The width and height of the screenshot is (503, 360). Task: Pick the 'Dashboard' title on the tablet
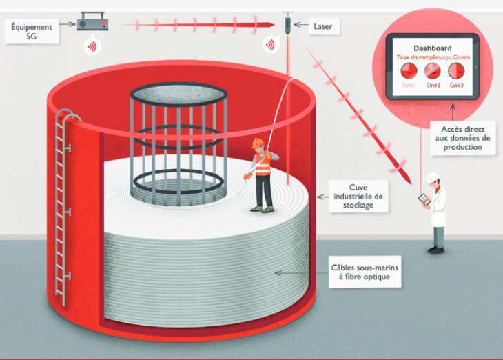433,48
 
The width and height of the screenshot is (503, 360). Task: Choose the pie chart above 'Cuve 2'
432,71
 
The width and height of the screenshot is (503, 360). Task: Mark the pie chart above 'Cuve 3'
456,71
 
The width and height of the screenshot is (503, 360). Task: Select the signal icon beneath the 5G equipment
91,46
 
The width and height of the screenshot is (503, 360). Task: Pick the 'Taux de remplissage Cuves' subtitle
432,58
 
